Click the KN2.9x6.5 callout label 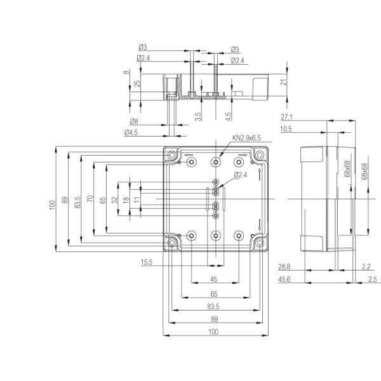point(246,138)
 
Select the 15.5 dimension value point(147,262)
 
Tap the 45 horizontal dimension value point(213,279)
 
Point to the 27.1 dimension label point(287,117)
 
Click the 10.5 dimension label point(286,129)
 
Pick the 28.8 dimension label point(284,267)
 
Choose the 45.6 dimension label point(284,279)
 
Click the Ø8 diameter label point(134,121)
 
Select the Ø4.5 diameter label point(131,133)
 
